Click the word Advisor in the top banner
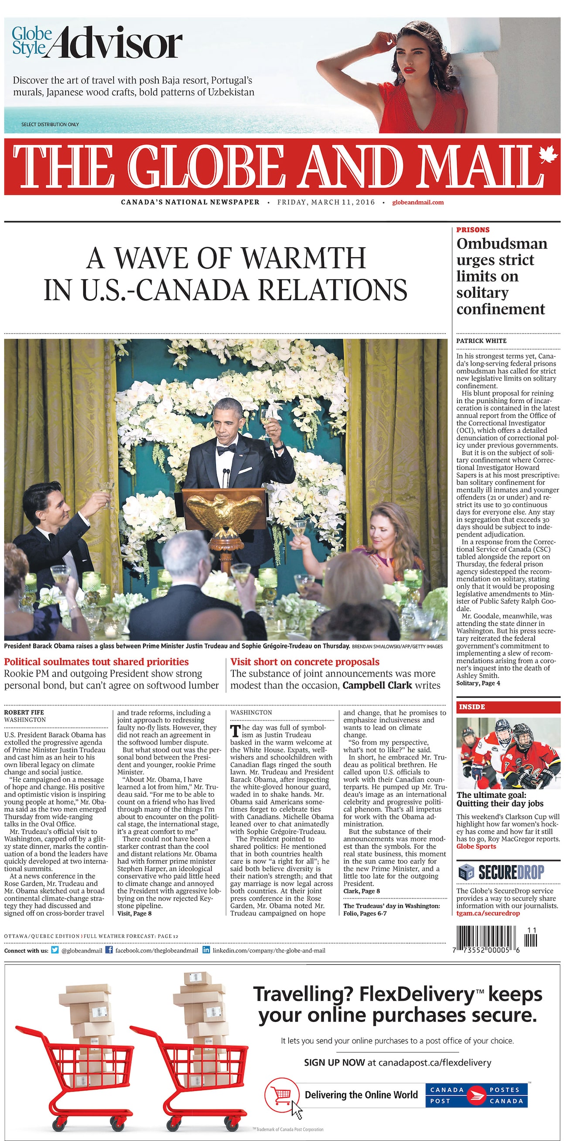(120, 43)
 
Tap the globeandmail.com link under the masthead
(418, 202)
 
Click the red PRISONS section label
(473, 230)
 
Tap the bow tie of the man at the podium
(226, 450)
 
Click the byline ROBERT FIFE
(24, 713)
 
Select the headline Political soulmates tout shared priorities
(96, 662)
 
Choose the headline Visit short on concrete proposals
(305, 662)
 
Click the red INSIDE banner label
(472, 707)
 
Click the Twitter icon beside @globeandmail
(55, 950)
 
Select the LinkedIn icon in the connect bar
(206, 950)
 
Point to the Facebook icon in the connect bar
(109, 950)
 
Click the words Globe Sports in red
(476, 847)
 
